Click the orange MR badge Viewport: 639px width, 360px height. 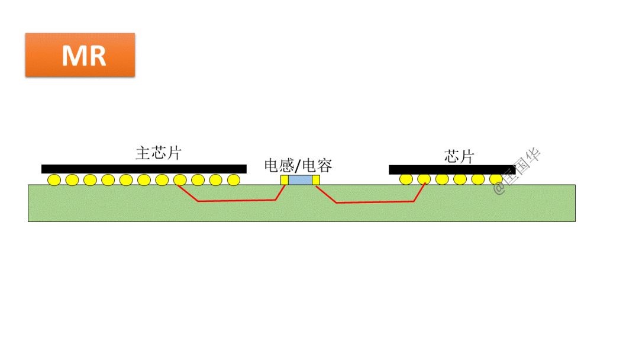pyautogui.click(x=80, y=54)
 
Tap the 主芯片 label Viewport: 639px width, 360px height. pyautogui.click(x=158, y=153)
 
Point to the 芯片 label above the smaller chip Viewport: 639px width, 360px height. pyautogui.click(x=459, y=156)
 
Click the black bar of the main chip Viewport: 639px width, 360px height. pyautogui.click(x=144, y=169)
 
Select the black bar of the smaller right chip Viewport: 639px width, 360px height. pyautogui.click(x=452, y=170)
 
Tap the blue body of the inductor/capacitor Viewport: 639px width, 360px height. pyautogui.click(x=300, y=179)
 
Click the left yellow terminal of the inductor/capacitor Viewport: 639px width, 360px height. pyautogui.click(x=284, y=179)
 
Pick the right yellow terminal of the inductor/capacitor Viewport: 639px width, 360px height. pyautogui.click(x=316, y=179)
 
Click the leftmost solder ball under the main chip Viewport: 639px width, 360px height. pyautogui.click(x=54, y=179)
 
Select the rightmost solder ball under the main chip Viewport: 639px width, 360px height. pyautogui.click(x=234, y=179)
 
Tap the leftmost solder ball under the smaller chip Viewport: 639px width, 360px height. pyautogui.click(x=406, y=179)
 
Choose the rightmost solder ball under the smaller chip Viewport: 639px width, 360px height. pyautogui.click(x=496, y=179)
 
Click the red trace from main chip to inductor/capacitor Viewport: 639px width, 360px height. pyautogui.click(x=237, y=201)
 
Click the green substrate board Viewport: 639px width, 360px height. pyautogui.click(x=118, y=207)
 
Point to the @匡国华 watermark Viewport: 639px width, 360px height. pyautogui.click(x=517, y=172)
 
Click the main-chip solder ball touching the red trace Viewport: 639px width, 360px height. pyautogui.click(x=180, y=179)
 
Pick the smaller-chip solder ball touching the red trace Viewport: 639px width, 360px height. pyautogui.click(x=424, y=179)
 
